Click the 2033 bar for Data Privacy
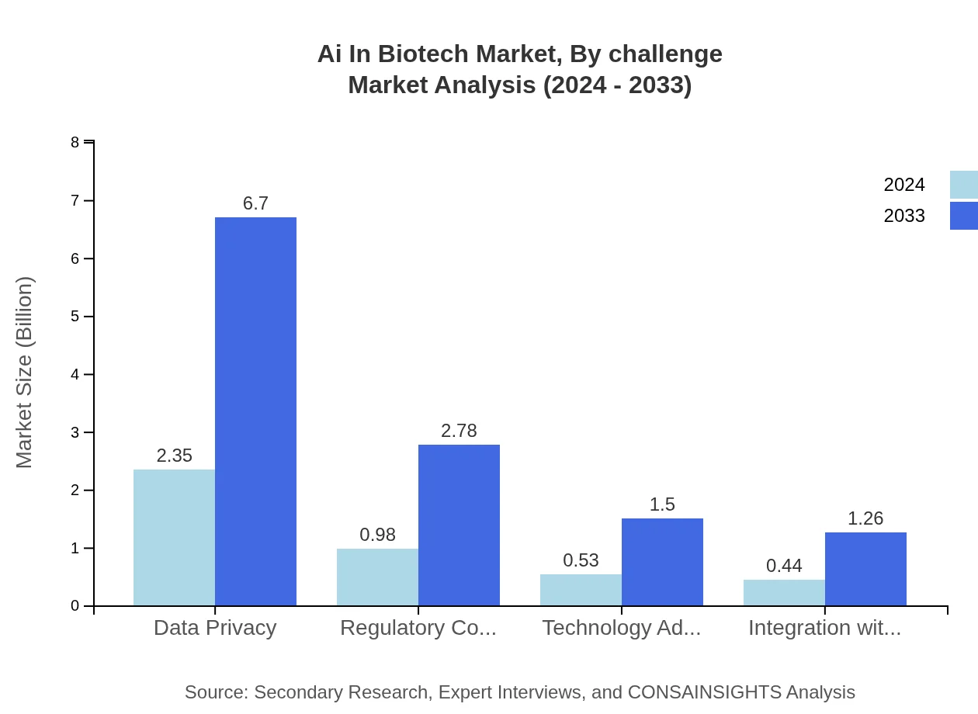coord(255,411)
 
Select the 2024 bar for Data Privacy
coord(174,537)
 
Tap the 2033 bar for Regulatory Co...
coord(459,525)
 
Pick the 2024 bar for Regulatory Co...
coord(377,577)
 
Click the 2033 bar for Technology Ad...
coord(662,562)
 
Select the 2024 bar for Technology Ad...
coord(581,590)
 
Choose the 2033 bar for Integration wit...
coord(865,569)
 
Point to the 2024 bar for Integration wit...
coord(784,592)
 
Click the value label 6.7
coord(255,203)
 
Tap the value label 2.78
coord(459,431)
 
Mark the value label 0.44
coord(784,566)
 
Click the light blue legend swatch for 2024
coord(963,185)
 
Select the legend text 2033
coord(904,216)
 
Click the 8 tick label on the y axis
coord(75,142)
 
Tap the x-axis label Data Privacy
coord(215,628)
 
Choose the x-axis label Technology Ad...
coord(621,628)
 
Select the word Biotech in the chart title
coord(423,54)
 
